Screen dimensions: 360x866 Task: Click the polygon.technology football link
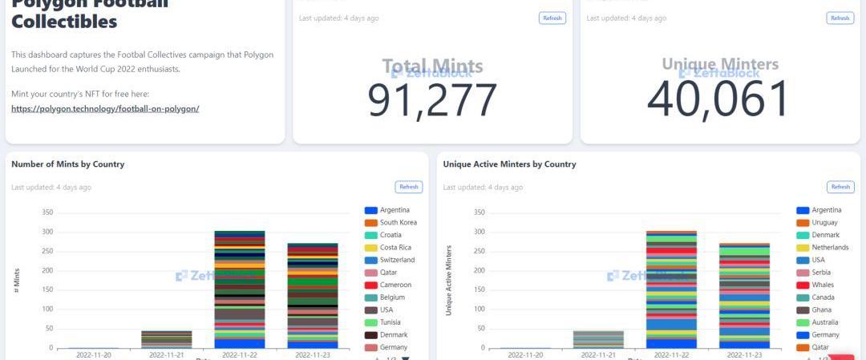pyautogui.click(x=105, y=108)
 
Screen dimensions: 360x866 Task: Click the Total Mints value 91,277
pyautogui.click(x=432, y=99)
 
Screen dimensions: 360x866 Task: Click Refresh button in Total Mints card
pyautogui.click(x=552, y=18)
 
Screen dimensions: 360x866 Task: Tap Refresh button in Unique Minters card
pyautogui.click(x=840, y=18)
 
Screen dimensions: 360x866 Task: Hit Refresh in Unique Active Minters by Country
pyautogui.click(x=840, y=187)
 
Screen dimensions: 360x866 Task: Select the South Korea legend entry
pyautogui.click(x=398, y=222)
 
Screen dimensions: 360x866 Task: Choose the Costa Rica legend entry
pyautogui.click(x=395, y=248)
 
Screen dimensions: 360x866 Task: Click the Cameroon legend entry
pyautogui.click(x=395, y=285)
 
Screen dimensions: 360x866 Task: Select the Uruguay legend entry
pyautogui.click(x=824, y=222)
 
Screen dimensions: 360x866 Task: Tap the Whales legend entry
pyautogui.click(x=823, y=285)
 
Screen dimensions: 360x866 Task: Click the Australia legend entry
pyautogui.click(x=825, y=322)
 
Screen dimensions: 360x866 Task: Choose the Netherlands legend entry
pyautogui.click(x=830, y=248)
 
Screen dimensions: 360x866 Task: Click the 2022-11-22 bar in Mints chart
pyautogui.click(x=240, y=289)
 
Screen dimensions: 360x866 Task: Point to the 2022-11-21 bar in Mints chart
pyautogui.click(x=167, y=339)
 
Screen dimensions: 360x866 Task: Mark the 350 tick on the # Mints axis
pyautogui.click(x=47, y=212)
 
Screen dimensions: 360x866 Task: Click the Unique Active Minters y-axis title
pyautogui.click(x=449, y=280)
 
